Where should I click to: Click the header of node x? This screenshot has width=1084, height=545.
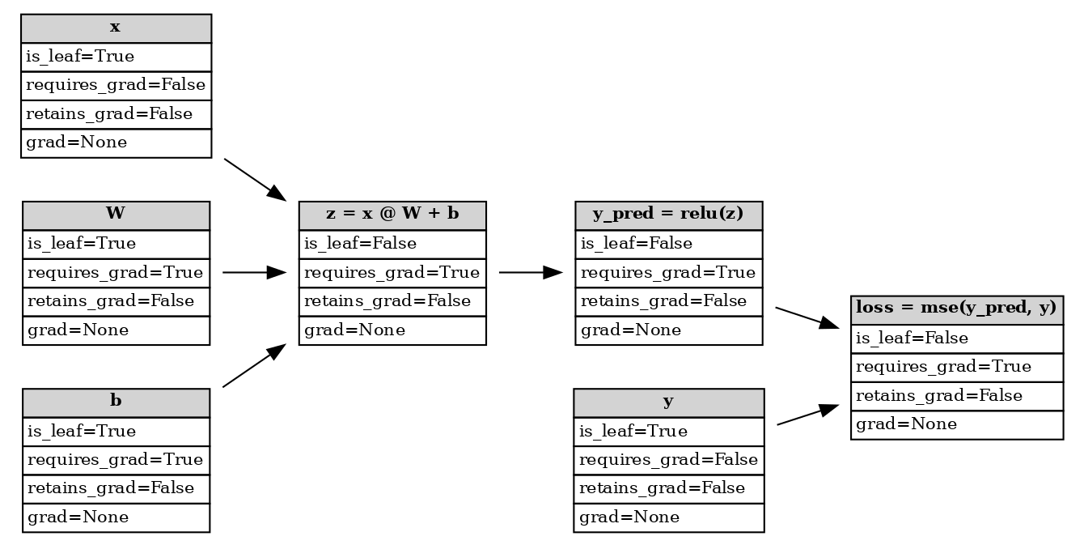click(116, 28)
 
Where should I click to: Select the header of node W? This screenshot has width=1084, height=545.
click(116, 215)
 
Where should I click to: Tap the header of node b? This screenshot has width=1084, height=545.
click(116, 402)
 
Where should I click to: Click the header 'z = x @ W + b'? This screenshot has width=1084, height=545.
click(392, 215)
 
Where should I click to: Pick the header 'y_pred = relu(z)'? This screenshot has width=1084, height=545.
click(668, 215)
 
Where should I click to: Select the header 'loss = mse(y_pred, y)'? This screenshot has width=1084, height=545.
click(956, 309)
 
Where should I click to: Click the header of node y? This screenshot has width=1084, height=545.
click(668, 402)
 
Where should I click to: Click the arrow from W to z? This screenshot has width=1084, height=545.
click(254, 273)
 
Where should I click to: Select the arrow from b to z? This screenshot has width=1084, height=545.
click(254, 365)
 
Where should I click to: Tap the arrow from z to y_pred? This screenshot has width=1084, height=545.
click(531, 273)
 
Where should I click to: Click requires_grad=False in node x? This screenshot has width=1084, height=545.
click(116, 86)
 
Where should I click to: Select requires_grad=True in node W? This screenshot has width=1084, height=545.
click(116, 273)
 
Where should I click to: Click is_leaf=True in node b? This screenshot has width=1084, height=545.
click(116, 432)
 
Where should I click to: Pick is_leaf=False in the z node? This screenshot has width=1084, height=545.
click(392, 244)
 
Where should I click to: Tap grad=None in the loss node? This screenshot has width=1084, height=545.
click(956, 424)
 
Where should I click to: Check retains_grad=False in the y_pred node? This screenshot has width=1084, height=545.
click(668, 301)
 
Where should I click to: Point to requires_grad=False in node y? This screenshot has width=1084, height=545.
click(668, 460)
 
